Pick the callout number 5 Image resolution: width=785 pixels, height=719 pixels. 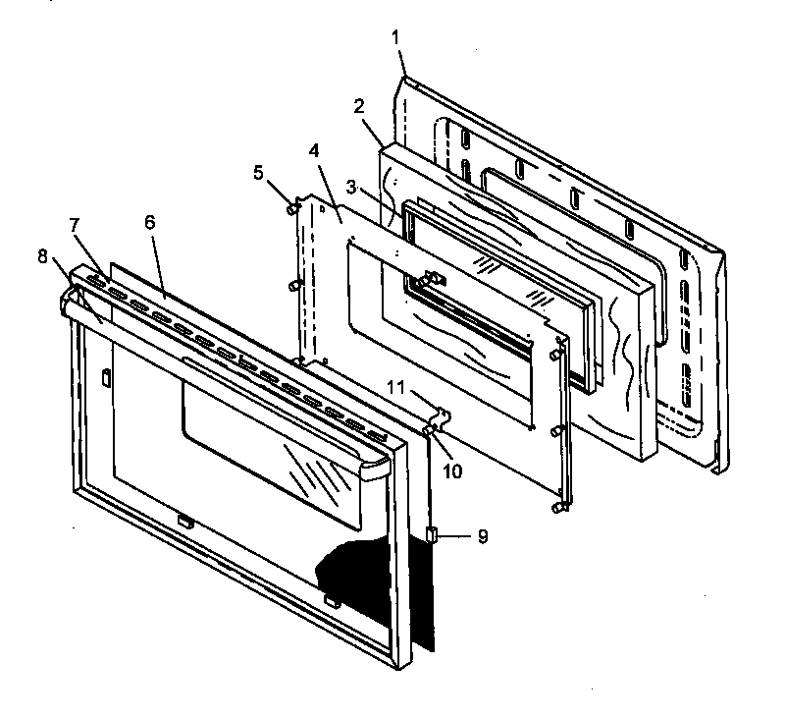[258, 174]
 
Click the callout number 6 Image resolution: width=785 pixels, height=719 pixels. [150, 223]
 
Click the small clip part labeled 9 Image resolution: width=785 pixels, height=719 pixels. [433, 534]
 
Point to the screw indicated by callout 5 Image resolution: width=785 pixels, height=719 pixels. [292, 207]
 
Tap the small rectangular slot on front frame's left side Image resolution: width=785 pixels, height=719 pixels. [103, 377]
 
